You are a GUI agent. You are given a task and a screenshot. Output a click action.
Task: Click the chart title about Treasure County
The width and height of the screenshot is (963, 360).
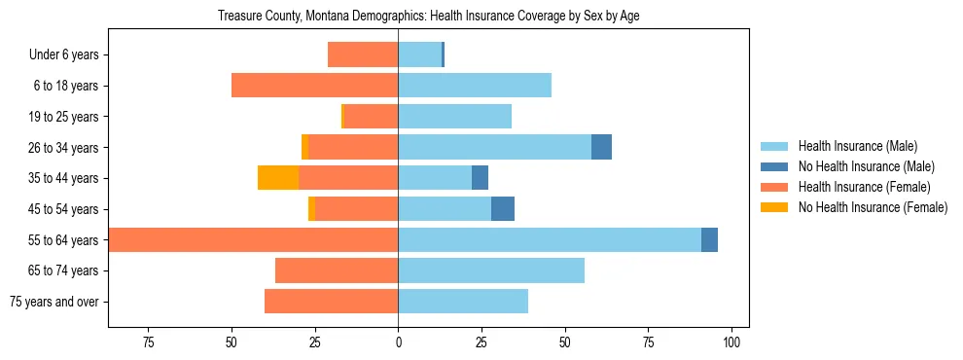[429, 17]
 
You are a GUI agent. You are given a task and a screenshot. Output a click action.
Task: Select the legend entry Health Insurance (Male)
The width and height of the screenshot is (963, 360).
[857, 146]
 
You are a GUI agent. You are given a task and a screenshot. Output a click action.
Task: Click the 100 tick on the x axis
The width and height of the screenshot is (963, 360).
[732, 342]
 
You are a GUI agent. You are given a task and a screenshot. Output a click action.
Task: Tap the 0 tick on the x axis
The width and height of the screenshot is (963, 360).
[398, 342]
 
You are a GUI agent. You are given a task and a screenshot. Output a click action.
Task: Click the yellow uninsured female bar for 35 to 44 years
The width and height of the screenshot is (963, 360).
[278, 178]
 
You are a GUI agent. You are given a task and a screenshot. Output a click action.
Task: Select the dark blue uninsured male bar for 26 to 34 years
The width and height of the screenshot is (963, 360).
[601, 147]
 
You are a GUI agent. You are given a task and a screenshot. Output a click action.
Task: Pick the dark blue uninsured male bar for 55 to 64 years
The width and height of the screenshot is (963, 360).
[709, 239]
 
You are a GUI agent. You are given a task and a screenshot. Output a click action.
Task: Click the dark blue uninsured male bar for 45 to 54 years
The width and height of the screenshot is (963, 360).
[503, 209]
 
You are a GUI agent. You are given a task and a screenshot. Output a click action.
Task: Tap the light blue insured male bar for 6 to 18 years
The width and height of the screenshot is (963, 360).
[475, 86]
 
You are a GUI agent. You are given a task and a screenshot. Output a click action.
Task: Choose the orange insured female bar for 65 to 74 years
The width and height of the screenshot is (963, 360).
[337, 270]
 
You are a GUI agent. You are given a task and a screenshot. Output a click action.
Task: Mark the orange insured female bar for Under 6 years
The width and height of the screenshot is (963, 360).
[363, 55]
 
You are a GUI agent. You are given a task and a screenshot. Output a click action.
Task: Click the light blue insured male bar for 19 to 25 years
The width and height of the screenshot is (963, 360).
[454, 117]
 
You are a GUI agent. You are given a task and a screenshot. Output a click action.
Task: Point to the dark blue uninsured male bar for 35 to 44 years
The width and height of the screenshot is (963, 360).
[480, 178]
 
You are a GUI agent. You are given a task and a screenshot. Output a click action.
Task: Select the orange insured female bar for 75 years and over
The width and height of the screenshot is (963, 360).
[331, 302]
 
